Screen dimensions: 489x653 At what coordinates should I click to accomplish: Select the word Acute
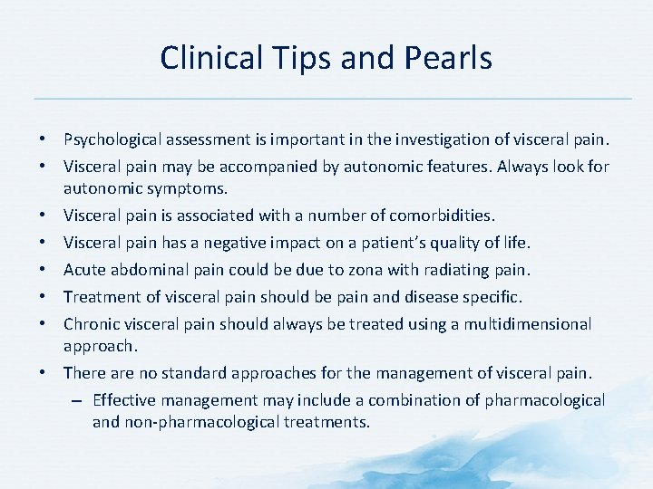84,270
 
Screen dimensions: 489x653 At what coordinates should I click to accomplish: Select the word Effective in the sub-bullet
123,400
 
